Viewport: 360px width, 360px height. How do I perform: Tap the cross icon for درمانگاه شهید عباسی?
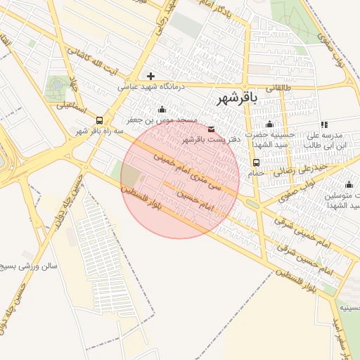150,75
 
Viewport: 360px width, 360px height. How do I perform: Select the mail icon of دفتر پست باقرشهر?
212,128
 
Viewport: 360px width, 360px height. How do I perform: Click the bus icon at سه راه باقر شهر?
99,120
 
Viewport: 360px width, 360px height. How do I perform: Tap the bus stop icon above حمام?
255,163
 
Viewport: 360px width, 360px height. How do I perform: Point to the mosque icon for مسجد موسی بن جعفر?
162,109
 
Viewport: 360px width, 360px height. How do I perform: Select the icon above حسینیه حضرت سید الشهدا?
269,124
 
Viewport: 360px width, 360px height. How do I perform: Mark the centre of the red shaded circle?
180,179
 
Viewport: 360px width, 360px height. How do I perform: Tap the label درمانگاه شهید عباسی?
149,86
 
